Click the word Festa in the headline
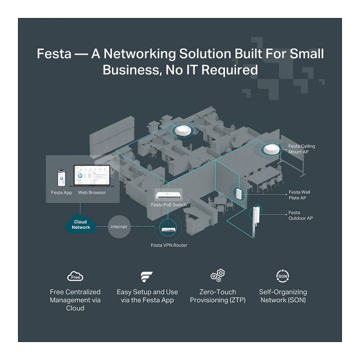click(54, 54)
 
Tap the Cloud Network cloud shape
click(81, 224)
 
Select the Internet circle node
click(119, 226)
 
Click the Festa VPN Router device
click(169, 229)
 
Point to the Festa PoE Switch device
click(169, 195)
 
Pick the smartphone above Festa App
click(62, 179)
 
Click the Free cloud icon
click(75, 276)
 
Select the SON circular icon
click(282, 275)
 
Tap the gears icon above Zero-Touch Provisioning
click(218, 275)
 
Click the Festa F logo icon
click(147, 276)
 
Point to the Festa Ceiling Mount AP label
click(301, 149)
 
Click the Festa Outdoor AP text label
click(301, 215)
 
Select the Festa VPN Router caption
click(169, 245)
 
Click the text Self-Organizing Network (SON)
click(283, 296)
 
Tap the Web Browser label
click(92, 193)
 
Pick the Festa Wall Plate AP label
click(299, 195)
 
